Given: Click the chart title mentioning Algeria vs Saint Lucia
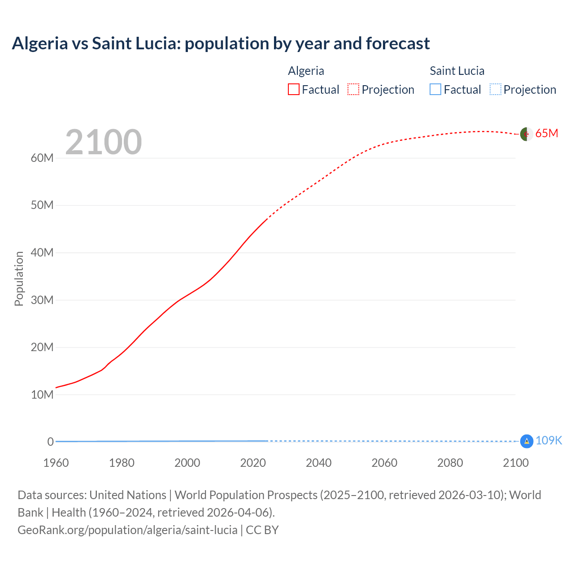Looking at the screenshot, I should point(221,43).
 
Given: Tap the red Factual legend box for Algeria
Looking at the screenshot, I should point(293,89).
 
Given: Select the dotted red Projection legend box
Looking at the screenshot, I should point(353,89).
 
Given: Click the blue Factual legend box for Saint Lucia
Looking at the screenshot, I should point(435,89).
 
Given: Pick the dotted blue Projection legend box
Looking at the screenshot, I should point(495,89).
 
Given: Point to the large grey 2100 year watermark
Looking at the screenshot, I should point(104,142).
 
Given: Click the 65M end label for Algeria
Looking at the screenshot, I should point(547,133).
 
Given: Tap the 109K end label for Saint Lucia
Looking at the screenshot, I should point(548,440).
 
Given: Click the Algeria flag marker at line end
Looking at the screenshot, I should point(526,134).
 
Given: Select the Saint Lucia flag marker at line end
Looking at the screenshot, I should point(526,441).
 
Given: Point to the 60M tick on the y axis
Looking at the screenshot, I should point(42,158).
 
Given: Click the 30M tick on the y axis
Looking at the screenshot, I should point(42,300).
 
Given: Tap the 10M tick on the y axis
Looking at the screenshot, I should point(42,395).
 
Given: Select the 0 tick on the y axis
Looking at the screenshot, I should point(50,442).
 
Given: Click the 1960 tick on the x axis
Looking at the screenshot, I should point(56,463).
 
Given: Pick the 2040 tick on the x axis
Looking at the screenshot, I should point(319,463).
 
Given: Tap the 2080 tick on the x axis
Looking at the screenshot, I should point(450,463).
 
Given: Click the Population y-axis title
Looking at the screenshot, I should point(19,278).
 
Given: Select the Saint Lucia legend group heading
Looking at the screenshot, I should point(457,71).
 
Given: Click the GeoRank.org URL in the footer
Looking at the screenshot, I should point(127,530).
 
